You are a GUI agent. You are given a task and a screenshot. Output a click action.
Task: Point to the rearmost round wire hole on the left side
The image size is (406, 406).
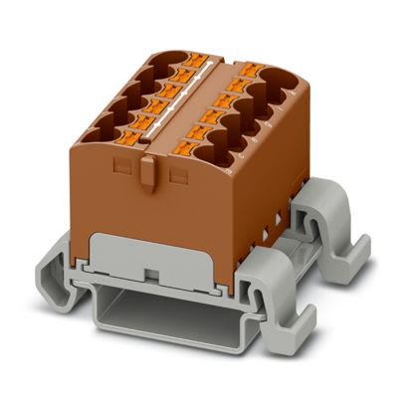159,62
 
